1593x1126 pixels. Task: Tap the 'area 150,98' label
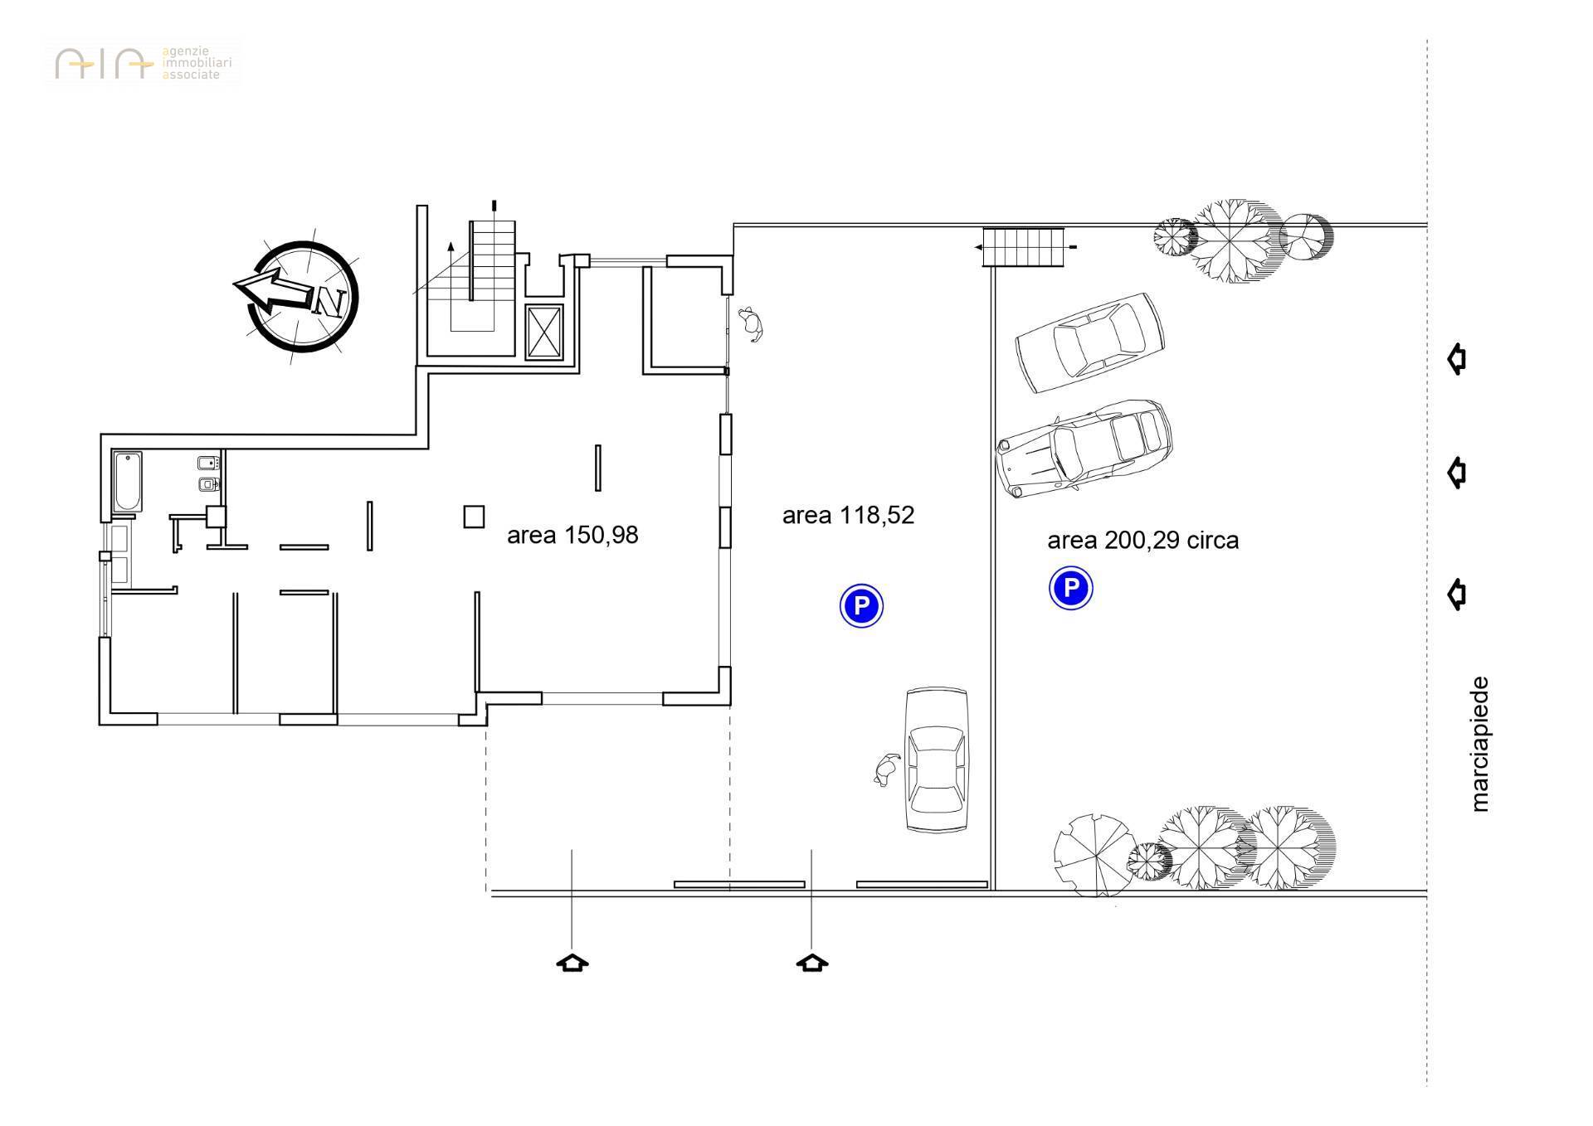click(x=572, y=536)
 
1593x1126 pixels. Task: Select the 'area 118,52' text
click(x=848, y=516)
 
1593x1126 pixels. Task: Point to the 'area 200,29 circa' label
click(x=1142, y=541)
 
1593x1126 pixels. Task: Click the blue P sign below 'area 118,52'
click(x=861, y=605)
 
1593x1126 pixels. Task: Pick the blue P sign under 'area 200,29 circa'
click(x=1070, y=589)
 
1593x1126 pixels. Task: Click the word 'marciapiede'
click(x=1479, y=744)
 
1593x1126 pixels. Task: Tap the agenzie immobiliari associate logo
click(x=143, y=63)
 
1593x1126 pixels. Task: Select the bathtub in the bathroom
click(x=128, y=482)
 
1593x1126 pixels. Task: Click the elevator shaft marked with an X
click(x=545, y=332)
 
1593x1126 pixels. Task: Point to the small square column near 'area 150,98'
click(x=474, y=517)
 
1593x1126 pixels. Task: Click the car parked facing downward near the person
click(x=937, y=760)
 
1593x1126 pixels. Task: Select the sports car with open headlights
click(x=1084, y=449)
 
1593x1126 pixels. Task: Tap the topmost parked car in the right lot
click(x=1090, y=342)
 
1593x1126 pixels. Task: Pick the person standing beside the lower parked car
click(x=886, y=770)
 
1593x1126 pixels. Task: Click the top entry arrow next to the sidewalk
click(x=1457, y=359)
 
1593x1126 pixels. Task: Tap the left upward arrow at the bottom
click(x=572, y=963)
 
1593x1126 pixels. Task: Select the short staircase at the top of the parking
click(x=1023, y=246)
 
